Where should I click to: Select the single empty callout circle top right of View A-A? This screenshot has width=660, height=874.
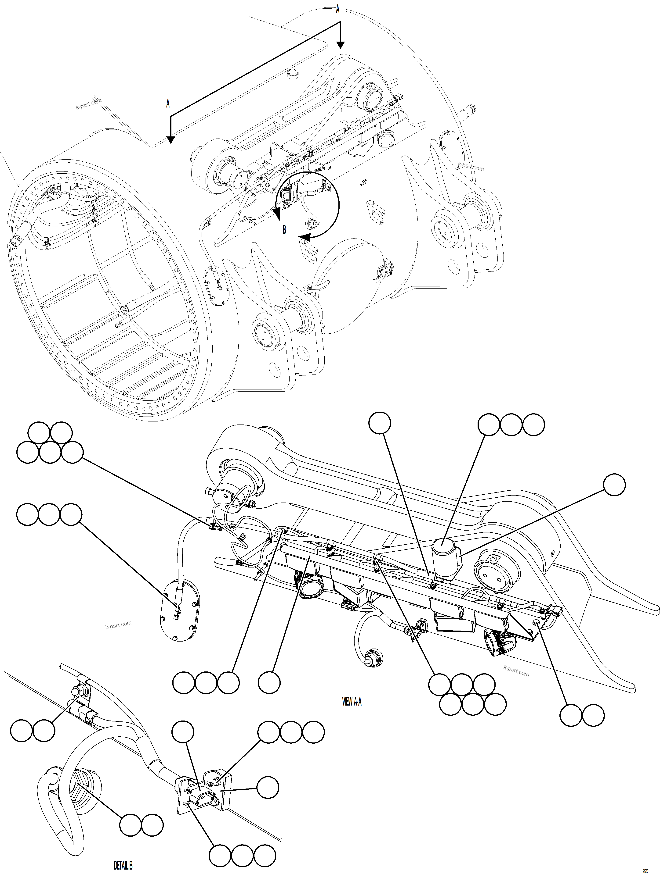pos(614,485)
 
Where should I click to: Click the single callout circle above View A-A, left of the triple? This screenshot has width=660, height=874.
pos(379,423)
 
